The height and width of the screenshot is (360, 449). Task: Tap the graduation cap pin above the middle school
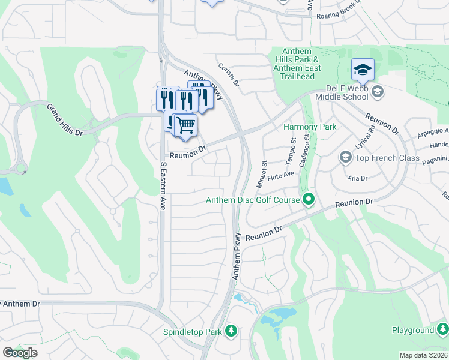click(363, 71)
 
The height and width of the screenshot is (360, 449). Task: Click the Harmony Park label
click(309, 127)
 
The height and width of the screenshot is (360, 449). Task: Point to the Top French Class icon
click(346, 158)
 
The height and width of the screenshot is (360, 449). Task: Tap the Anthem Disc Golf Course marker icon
click(309, 200)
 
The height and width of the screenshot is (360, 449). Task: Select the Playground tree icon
click(442, 330)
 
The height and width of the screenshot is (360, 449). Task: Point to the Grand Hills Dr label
click(64, 119)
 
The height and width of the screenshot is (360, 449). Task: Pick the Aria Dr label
click(357, 178)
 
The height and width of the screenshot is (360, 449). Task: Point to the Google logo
click(20, 353)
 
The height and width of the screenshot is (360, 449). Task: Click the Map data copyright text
click(423, 355)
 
